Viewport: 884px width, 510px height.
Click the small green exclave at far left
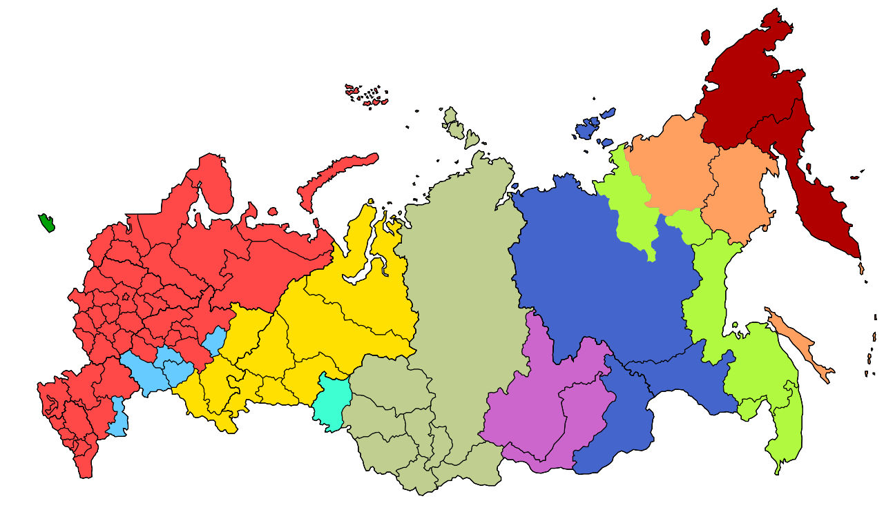[47, 223]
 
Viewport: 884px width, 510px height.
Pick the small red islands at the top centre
[366, 95]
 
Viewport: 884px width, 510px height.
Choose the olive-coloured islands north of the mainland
[454, 125]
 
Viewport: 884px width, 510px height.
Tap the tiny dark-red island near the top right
[705, 37]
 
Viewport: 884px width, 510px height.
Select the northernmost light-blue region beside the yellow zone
[215, 340]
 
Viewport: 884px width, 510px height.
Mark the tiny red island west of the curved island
[273, 212]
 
